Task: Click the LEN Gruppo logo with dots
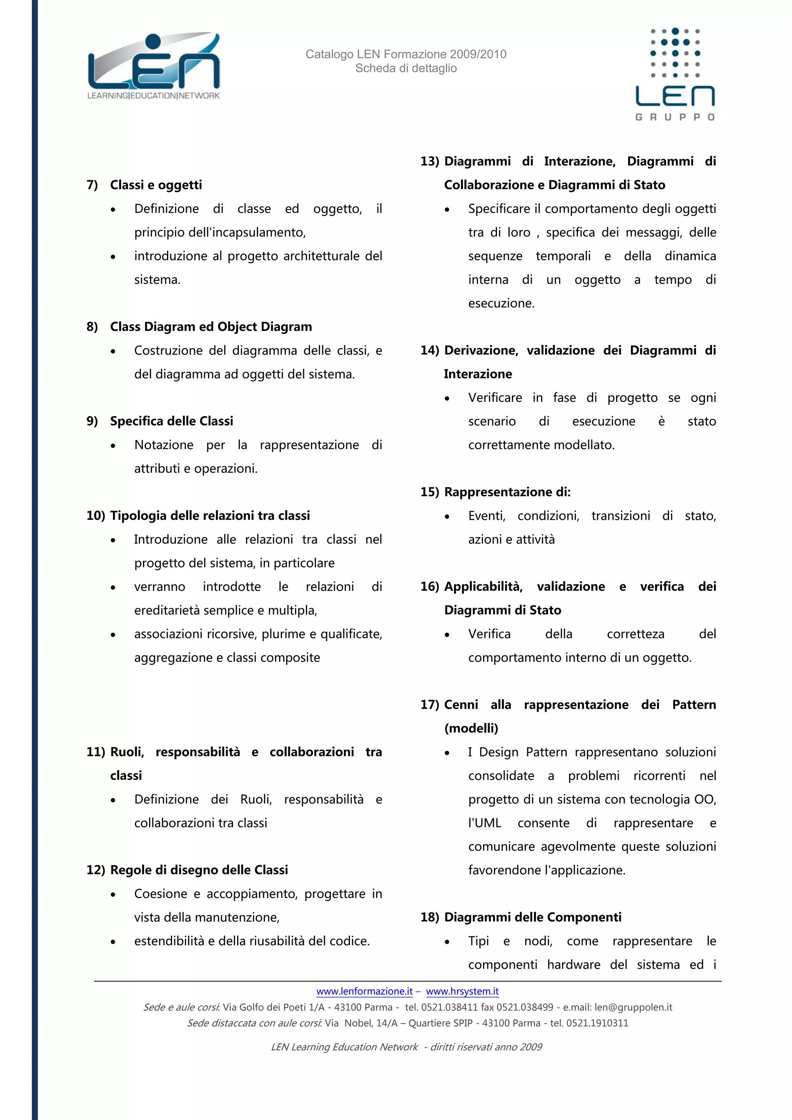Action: click(675, 73)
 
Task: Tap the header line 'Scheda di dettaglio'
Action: click(406, 68)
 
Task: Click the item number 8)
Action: click(92, 327)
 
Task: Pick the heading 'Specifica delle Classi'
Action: click(171, 421)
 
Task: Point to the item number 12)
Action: click(96, 870)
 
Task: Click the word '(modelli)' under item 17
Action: click(471, 728)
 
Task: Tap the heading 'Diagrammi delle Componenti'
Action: click(533, 917)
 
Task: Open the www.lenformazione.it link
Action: click(364, 991)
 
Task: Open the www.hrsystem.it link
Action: click(463, 991)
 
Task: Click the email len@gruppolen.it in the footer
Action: click(633, 1007)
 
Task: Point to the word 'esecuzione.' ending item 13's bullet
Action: click(501, 304)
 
